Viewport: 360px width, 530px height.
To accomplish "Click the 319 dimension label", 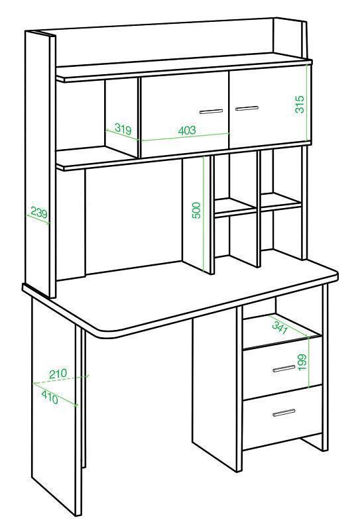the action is point(123,129).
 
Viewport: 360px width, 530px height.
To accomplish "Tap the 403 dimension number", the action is point(187,130).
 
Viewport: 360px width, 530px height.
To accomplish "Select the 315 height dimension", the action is point(300,104).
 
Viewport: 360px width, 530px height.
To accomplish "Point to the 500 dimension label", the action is point(197,210).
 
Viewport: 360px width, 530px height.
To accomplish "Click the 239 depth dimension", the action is point(39,212).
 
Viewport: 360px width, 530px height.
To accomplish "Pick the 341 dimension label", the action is point(280,327).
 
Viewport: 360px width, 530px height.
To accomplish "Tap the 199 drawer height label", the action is point(302,362).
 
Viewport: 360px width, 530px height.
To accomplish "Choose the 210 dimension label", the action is point(58,374).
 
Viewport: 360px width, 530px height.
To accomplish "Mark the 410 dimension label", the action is point(50,397).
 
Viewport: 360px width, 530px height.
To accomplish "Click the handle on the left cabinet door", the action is point(211,111).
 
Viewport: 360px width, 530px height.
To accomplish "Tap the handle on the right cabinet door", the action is point(247,108).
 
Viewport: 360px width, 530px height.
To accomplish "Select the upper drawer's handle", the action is point(284,368).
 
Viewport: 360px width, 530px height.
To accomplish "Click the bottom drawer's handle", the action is point(284,412).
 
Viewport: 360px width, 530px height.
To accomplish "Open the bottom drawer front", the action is point(282,418).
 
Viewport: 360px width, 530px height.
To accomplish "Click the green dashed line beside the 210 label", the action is point(60,380).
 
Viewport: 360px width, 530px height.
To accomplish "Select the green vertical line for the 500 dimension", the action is point(204,213).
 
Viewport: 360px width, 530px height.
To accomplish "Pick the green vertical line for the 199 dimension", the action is point(309,362).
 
